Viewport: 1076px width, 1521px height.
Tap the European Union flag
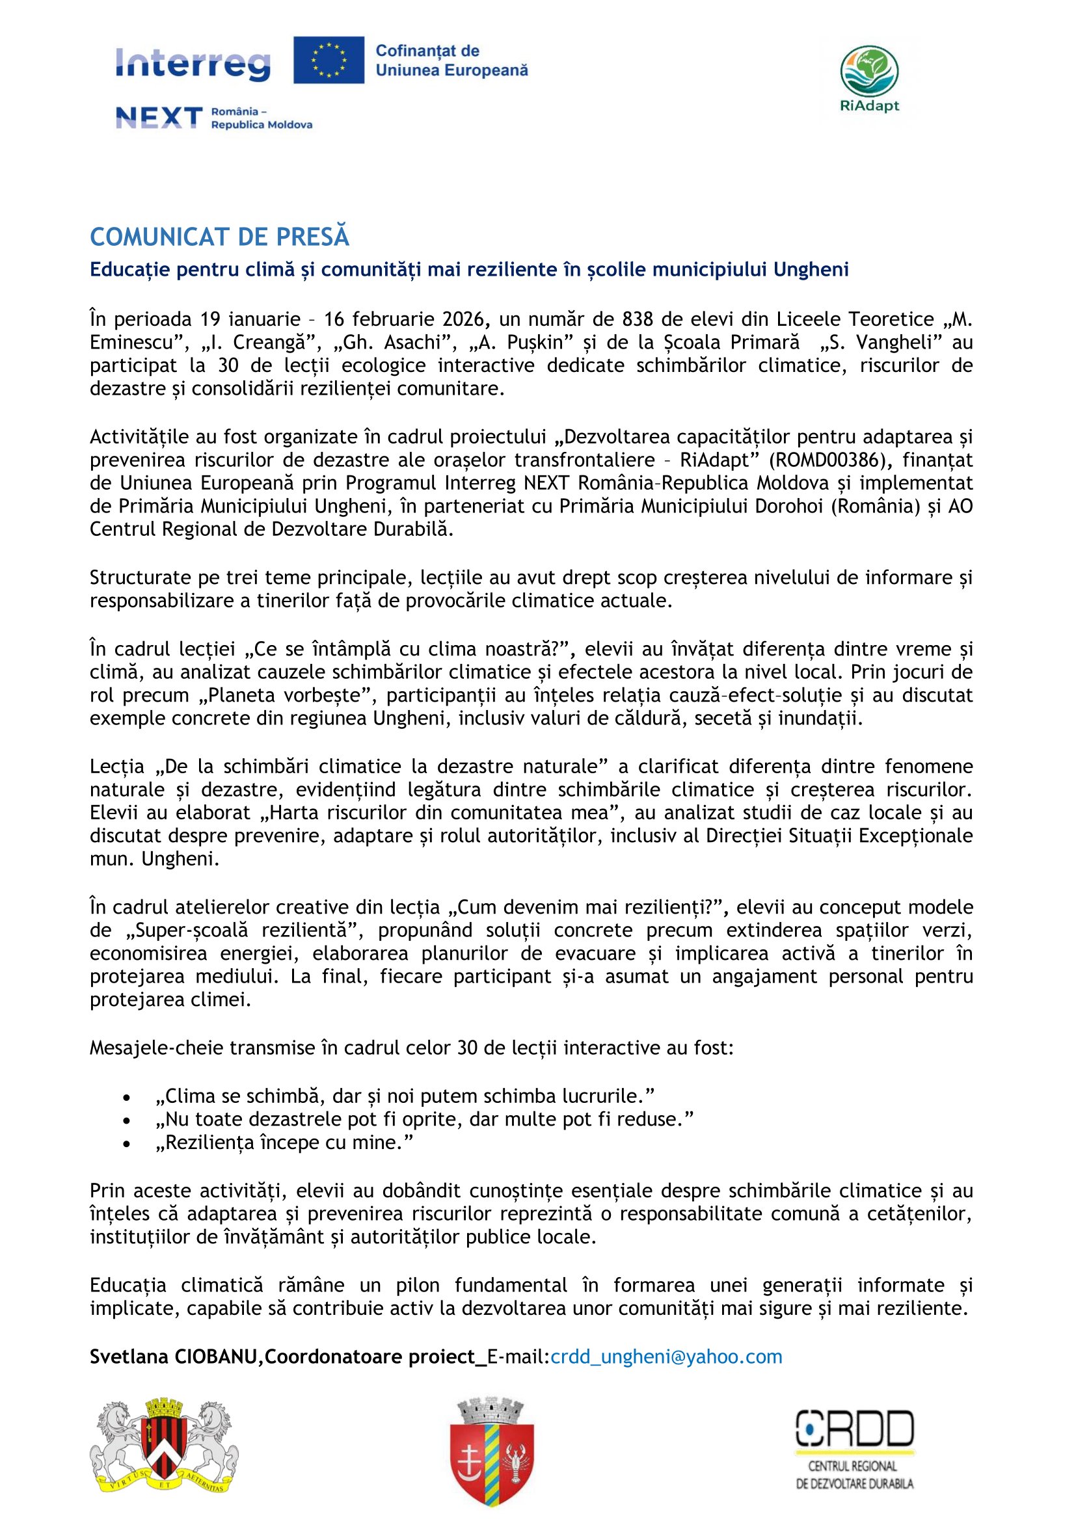tap(329, 60)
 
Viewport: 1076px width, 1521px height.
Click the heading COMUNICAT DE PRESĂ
tap(219, 237)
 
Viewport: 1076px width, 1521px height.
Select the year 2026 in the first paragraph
tap(464, 319)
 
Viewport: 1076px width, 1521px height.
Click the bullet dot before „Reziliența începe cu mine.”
tap(127, 1143)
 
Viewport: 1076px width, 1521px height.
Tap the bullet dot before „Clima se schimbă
tap(127, 1097)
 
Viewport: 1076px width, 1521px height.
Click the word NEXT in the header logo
tap(159, 118)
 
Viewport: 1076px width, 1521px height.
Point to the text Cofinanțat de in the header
tap(427, 51)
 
